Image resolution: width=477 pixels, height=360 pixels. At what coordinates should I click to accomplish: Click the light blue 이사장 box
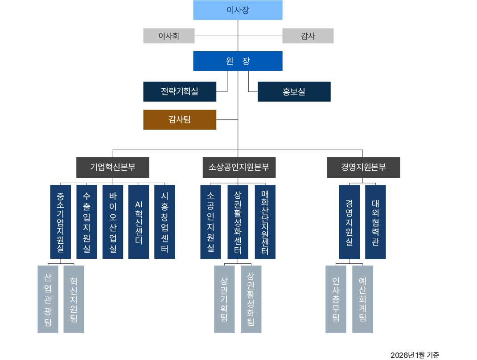[238, 10]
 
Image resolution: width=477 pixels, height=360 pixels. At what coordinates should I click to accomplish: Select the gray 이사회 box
[169, 36]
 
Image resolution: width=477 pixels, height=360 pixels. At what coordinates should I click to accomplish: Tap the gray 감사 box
[308, 36]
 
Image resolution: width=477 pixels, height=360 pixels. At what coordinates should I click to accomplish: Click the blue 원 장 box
[238, 61]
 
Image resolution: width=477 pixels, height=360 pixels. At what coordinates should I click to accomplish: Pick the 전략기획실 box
[180, 91]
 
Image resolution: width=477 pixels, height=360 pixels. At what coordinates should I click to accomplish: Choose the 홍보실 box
[294, 91]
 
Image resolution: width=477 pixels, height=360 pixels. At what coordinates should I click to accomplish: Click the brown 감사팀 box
[180, 119]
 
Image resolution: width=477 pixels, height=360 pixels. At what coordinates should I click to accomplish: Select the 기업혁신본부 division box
[113, 168]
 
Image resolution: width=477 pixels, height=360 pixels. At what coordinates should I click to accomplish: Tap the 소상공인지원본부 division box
[239, 168]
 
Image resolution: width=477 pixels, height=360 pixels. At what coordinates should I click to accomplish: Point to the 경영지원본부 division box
[363, 168]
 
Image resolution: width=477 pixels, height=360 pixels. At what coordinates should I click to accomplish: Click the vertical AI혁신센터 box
[139, 221]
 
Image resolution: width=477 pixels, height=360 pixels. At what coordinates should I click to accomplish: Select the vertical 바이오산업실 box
[113, 221]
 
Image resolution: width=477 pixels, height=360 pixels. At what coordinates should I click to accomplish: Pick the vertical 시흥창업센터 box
[164, 221]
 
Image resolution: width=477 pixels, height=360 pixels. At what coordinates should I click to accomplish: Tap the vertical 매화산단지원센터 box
[265, 221]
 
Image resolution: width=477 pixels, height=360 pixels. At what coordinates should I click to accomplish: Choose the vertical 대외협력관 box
[375, 221]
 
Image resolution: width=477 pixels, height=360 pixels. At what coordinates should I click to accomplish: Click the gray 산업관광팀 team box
[48, 299]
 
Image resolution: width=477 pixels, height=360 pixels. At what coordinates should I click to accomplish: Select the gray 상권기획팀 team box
[224, 299]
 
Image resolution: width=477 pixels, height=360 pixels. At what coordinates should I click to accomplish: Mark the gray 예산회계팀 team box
[362, 299]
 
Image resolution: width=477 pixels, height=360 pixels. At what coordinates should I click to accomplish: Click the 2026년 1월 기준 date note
[415, 355]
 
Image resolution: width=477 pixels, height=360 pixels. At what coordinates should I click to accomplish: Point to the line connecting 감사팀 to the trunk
[227, 119]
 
